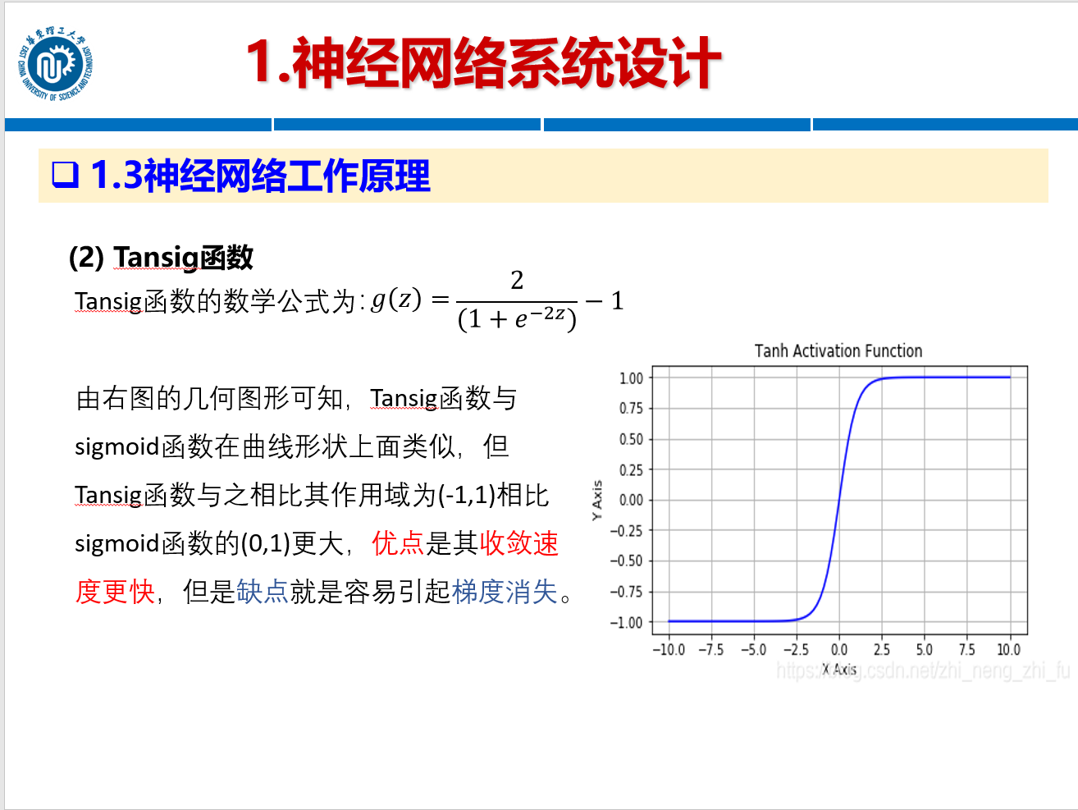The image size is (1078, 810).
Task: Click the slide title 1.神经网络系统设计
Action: (x=483, y=63)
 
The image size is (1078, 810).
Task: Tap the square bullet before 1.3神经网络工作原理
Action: (x=65, y=175)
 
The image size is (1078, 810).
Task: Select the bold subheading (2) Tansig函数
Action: (x=161, y=257)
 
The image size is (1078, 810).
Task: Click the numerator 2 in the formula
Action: (x=517, y=281)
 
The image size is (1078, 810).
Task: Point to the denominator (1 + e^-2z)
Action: (x=517, y=318)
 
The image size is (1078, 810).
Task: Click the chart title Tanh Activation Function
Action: (x=838, y=351)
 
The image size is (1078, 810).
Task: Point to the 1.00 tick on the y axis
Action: (x=631, y=378)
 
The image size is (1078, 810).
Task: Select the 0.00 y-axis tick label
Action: (x=631, y=500)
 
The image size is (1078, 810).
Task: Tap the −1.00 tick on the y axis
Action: (x=627, y=623)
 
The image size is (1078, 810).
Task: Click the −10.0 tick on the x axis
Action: (x=669, y=650)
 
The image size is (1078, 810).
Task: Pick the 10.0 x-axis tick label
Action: (x=1009, y=650)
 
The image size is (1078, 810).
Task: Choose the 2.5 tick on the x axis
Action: (x=882, y=650)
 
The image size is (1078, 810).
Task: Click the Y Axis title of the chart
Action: (x=597, y=500)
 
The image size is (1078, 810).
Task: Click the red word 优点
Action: (x=398, y=543)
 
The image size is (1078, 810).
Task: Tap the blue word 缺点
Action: (x=263, y=592)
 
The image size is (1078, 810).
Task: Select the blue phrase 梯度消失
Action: (x=505, y=592)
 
